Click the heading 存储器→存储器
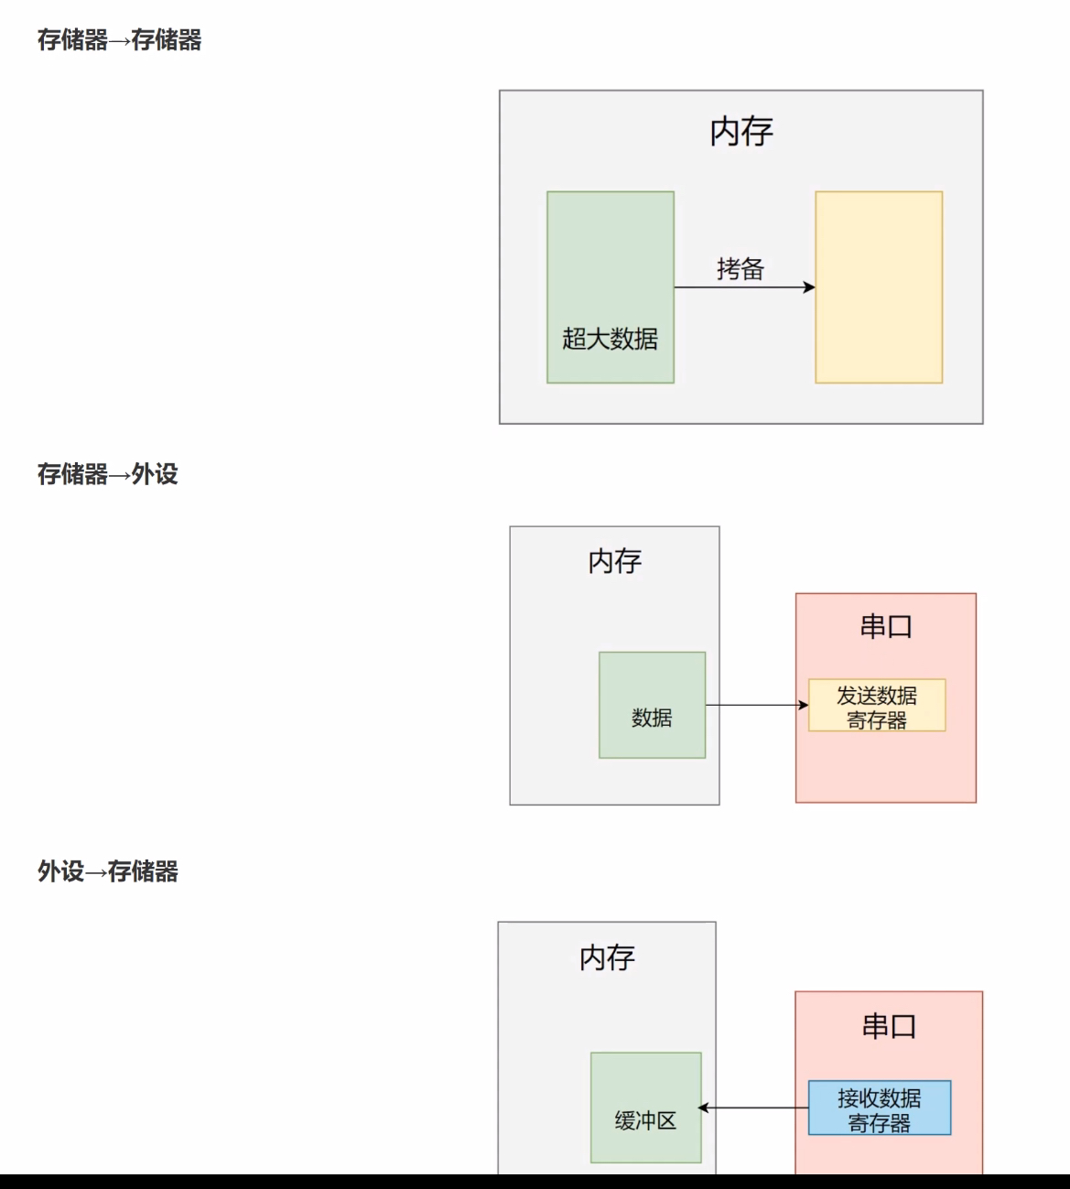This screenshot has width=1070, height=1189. click(119, 40)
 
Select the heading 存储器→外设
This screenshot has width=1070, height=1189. click(107, 474)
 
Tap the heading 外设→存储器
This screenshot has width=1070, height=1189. click(107, 871)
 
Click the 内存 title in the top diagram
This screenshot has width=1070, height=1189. click(741, 132)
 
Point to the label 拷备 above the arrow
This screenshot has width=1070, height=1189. click(740, 269)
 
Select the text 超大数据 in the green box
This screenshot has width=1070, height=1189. click(610, 339)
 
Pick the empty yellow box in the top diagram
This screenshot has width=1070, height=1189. click(879, 287)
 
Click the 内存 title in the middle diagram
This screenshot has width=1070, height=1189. click(614, 561)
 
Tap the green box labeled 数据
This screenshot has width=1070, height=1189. click(652, 705)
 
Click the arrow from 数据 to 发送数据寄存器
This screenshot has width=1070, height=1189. click(755, 705)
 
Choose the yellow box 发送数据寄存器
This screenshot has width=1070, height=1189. click(877, 706)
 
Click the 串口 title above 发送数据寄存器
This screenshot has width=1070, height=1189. click(886, 627)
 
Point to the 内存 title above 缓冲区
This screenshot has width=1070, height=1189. click(607, 957)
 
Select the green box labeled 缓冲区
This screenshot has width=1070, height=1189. click(645, 1108)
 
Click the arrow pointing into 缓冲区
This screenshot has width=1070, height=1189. click(752, 1108)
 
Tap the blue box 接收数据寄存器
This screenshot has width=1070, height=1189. click(879, 1108)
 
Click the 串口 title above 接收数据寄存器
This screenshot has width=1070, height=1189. click(889, 1026)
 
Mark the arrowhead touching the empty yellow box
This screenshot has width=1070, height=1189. click(809, 287)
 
